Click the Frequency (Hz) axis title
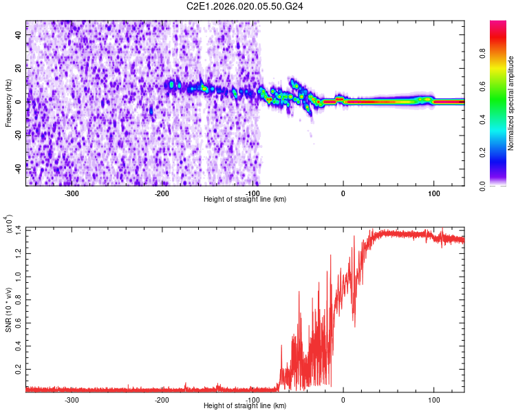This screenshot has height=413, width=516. (8, 103)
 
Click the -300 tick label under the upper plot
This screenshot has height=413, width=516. (72, 193)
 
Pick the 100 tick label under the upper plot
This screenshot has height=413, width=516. (433, 193)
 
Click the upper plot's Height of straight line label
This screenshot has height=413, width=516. (246, 200)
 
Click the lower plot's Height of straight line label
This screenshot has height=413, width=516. (246, 406)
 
